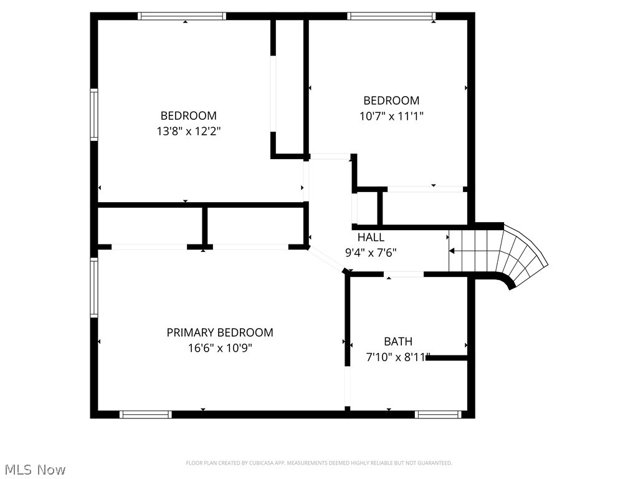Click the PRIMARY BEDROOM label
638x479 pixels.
(x=219, y=332)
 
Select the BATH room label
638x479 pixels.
(x=398, y=341)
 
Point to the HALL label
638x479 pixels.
(x=371, y=237)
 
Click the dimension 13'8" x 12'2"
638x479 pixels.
(x=189, y=131)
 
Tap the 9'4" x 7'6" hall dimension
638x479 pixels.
(x=371, y=253)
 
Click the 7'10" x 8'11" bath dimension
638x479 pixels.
(x=397, y=357)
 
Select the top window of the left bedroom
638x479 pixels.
(x=181, y=16)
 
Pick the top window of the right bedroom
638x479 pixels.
(x=391, y=16)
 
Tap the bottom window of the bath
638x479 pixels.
(x=438, y=414)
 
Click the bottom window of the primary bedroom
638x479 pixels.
(x=145, y=414)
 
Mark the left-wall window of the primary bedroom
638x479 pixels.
(x=94, y=288)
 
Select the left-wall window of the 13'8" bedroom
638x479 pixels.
(x=94, y=114)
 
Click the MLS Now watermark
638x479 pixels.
(x=34, y=469)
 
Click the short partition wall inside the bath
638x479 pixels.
(x=447, y=357)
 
